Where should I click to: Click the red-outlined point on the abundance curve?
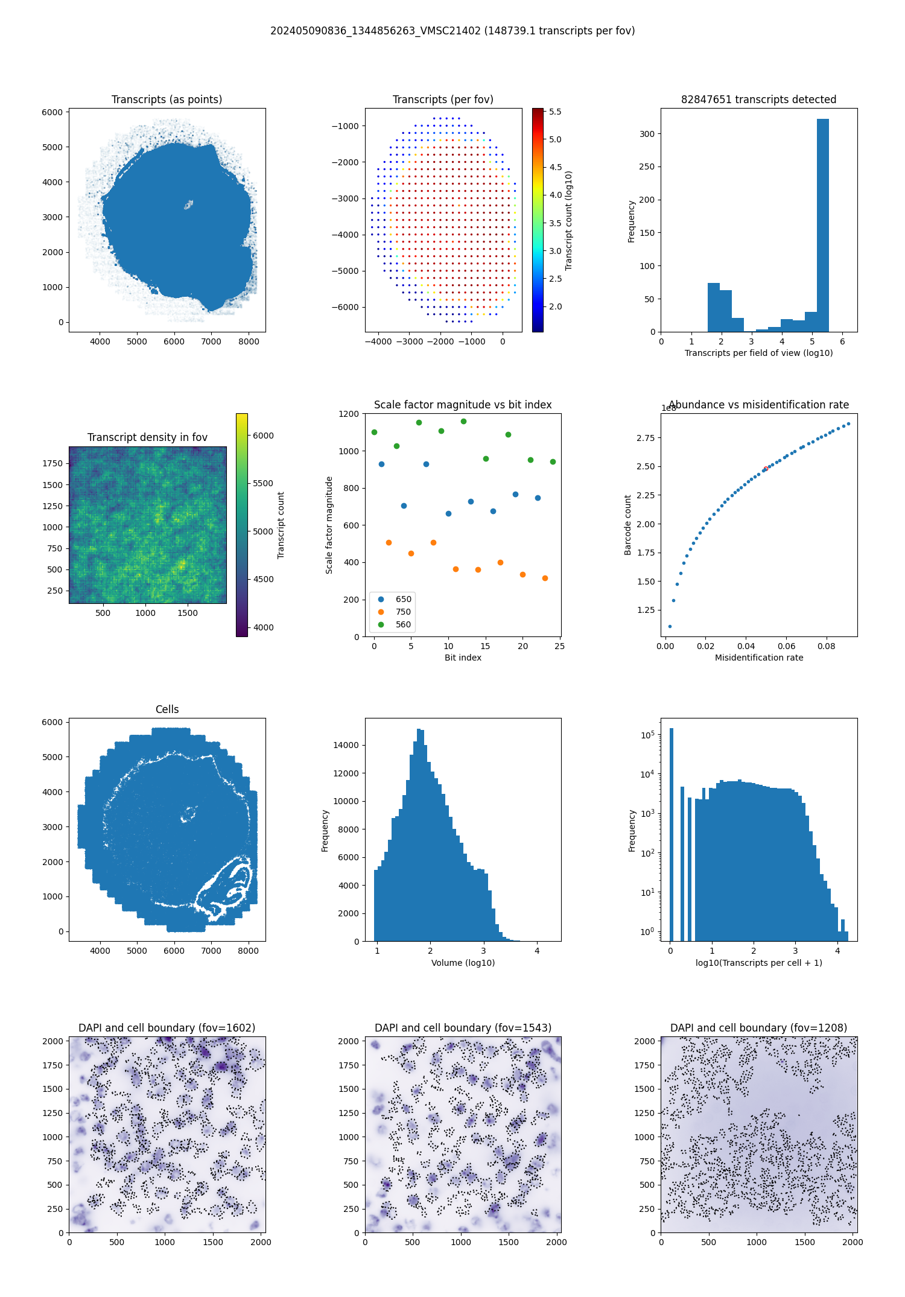tap(766, 469)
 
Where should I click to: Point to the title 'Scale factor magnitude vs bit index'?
tap(463, 405)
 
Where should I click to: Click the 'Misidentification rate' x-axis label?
tap(759, 658)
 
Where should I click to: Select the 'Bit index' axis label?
tap(463, 658)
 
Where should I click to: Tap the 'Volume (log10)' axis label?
tap(463, 963)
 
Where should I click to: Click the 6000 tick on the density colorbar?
tap(263, 436)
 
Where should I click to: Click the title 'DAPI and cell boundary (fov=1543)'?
tap(463, 1028)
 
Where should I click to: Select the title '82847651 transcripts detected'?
tap(758, 100)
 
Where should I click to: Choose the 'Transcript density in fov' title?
tap(147, 437)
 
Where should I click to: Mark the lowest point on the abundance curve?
tap(670, 626)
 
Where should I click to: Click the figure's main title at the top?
tap(453, 31)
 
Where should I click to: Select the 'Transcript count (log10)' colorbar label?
tap(569, 220)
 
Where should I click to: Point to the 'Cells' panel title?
tap(167, 709)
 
